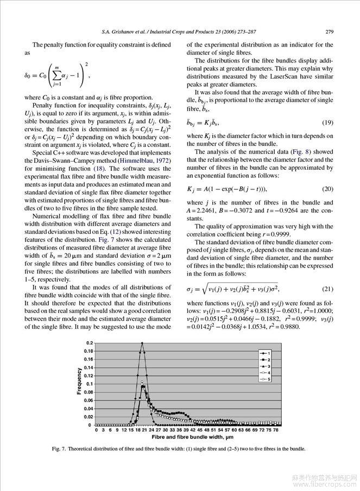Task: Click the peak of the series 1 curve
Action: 142,343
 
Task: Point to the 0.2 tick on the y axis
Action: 90,343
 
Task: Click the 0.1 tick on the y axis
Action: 90,384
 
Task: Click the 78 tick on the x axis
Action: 275,430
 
